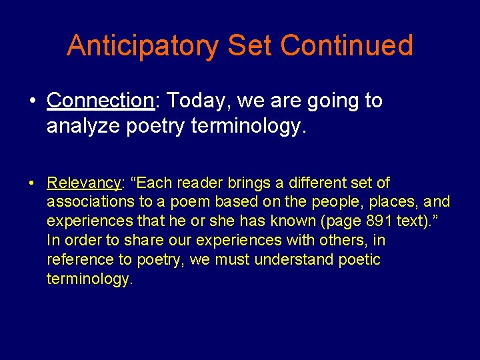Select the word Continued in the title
pos(347,46)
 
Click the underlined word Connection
pos(100,101)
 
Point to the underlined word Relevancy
pos(83,183)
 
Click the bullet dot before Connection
pos(33,101)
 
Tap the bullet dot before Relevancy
pos(33,183)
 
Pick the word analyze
pos(83,126)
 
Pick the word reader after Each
pos(183,183)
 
